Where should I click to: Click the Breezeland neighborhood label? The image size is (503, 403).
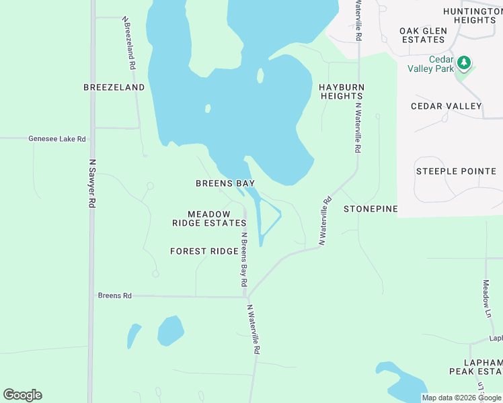114,87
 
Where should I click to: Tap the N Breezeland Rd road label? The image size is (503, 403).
129,44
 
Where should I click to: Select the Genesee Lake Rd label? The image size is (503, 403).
57,139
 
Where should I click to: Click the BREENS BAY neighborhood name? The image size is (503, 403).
225,183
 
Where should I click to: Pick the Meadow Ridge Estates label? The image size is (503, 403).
209,218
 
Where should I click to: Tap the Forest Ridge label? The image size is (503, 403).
204,251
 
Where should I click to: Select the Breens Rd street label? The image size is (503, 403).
114,295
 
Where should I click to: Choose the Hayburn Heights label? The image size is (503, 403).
342,91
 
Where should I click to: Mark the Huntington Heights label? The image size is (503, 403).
469,15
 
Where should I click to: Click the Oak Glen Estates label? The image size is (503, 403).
422,35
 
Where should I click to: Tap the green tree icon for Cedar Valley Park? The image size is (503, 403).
463,63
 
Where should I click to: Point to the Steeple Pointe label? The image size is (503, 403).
455,171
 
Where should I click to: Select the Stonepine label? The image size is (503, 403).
371,209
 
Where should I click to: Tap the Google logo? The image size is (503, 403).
22,394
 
